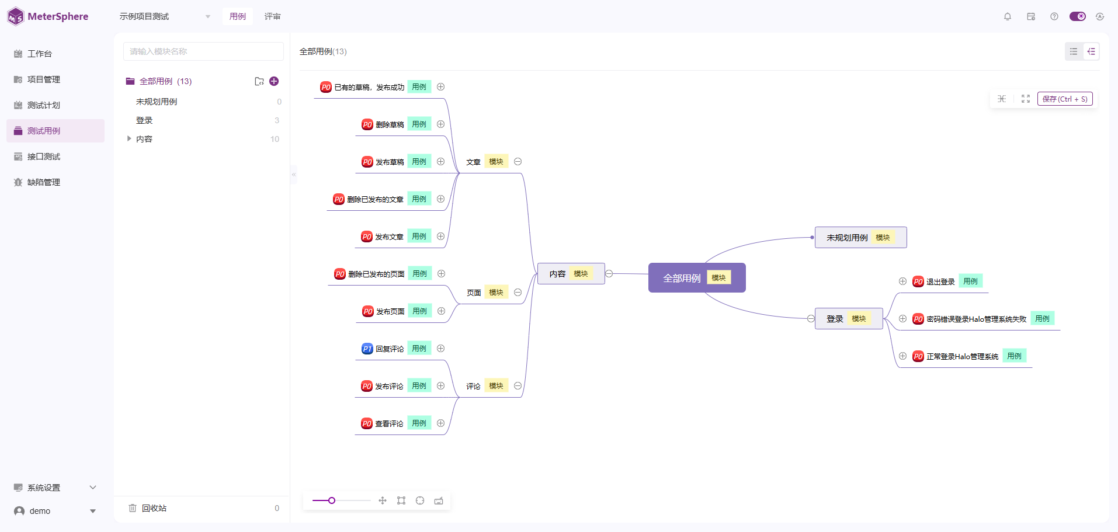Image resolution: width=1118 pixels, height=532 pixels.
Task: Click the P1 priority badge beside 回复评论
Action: point(367,349)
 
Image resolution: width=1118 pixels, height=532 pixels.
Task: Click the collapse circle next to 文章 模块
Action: point(518,162)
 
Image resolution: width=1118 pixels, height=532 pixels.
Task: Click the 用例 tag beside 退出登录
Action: point(970,281)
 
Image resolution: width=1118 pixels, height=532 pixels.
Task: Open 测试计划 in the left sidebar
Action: point(44,105)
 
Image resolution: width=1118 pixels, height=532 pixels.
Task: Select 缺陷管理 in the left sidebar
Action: point(44,182)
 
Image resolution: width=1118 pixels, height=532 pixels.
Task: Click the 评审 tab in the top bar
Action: point(272,16)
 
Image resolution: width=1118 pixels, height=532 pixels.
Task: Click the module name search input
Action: point(203,51)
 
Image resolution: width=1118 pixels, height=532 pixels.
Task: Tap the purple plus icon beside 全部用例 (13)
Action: point(274,81)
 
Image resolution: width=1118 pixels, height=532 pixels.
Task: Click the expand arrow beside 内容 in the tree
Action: point(129,139)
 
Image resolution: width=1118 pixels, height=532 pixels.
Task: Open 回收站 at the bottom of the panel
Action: point(154,508)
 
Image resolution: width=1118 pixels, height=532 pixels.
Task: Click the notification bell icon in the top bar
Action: point(1008,16)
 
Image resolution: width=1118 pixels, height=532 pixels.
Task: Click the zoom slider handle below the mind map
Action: point(332,500)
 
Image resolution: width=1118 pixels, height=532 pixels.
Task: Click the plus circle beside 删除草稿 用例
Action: point(441,124)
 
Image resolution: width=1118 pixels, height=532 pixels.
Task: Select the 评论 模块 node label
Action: point(474,386)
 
